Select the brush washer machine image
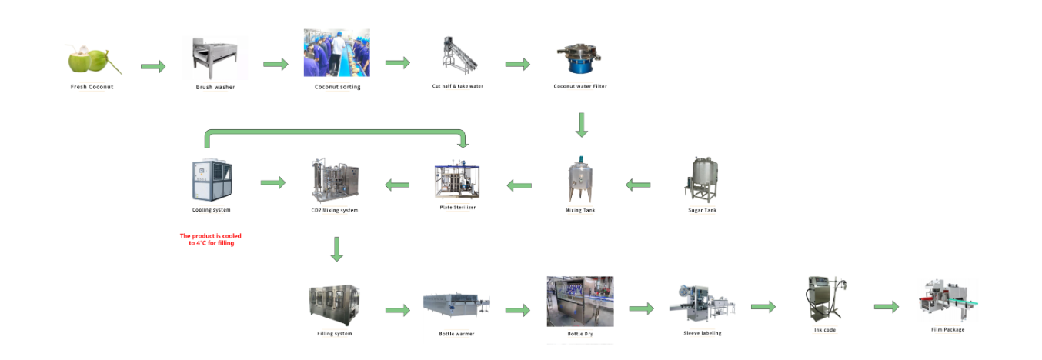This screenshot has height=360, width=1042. click(x=215, y=59)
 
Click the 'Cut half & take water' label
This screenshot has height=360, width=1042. click(x=459, y=86)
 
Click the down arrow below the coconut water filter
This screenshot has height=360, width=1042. click(x=582, y=125)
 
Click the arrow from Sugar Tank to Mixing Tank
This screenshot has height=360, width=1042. click(x=638, y=185)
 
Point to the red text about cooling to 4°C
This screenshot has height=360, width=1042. click(x=211, y=239)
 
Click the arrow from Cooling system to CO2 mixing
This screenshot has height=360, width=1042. click(x=272, y=182)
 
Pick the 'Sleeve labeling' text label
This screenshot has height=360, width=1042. click(x=702, y=333)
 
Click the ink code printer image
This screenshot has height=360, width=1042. click(x=824, y=300)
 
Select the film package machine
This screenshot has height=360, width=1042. click(x=947, y=302)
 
